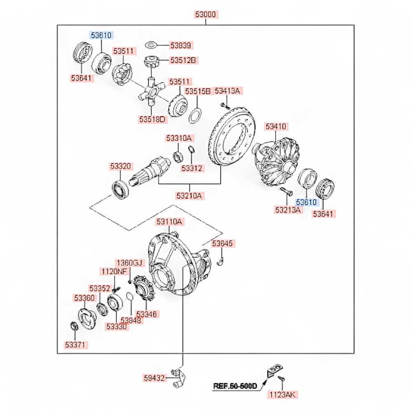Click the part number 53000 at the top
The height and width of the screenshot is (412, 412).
(206, 15)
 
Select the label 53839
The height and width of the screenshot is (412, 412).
(181, 45)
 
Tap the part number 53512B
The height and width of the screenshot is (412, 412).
(184, 61)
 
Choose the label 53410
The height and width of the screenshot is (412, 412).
(276, 126)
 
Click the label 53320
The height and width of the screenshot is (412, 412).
(120, 166)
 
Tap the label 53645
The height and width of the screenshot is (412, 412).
(223, 243)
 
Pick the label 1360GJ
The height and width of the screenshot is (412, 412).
(129, 263)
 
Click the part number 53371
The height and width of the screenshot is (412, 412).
(76, 344)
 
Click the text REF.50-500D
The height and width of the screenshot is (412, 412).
(235, 386)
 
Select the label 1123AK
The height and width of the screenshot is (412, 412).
(282, 395)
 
